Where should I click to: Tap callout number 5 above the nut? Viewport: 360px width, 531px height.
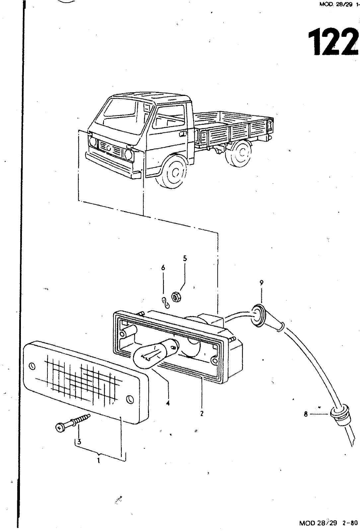pyautogui.click(x=185, y=259)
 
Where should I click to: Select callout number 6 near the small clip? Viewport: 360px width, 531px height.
pyautogui.click(x=163, y=268)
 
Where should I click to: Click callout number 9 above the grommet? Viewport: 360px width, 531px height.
pyautogui.click(x=261, y=283)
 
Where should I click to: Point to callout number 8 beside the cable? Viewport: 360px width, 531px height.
pyautogui.click(x=306, y=414)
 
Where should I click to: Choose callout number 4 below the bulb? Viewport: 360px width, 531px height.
pyautogui.click(x=168, y=404)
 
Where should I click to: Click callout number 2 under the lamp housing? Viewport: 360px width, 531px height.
pyautogui.click(x=202, y=414)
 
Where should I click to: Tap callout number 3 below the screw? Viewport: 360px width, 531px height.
pyautogui.click(x=79, y=442)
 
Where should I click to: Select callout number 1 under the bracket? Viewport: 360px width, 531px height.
pyautogui.click(x=99, y=460)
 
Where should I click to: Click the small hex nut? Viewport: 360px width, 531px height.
pyautogui.click(x=176, y=296)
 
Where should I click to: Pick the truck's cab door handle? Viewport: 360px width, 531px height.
pyautogui.click(x=182, y=134)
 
